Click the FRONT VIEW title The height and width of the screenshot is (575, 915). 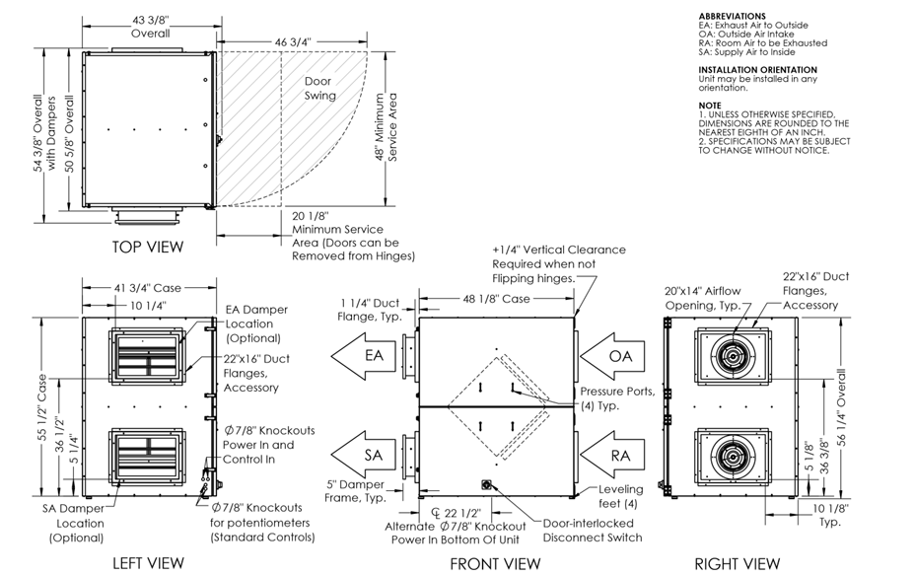[495, 563]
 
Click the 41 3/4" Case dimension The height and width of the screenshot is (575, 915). [148, 288]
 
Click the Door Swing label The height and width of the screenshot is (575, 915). [319, 89]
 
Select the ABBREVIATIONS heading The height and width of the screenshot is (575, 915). [732, 17]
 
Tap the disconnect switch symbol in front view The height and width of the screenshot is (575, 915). [486, 484]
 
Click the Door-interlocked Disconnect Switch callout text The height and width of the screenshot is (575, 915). [592, 531]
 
